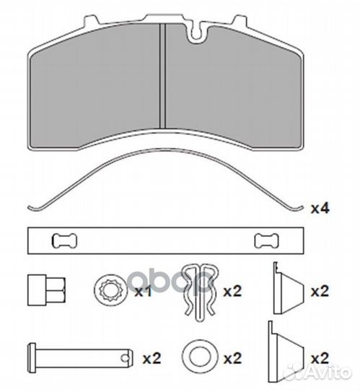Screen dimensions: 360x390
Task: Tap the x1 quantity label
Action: coord(143,291)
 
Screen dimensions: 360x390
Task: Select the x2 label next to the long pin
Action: coord(152,358)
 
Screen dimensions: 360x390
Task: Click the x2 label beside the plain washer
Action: coord(232,358)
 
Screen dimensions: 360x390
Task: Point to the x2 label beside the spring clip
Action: coord(232,291)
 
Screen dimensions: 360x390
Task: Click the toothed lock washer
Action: coord(110,290)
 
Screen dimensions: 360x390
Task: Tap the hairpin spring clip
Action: coord(201,292)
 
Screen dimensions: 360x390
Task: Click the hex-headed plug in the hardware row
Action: coord(46,290)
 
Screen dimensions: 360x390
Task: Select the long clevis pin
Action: coord(81,357)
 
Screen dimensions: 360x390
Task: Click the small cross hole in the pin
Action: coord(125,357)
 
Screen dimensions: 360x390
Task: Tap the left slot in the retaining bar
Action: coord(64,241)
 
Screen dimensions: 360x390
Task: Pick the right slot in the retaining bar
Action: coord(267,241)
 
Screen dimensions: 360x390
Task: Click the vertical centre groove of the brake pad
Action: coord(162,76)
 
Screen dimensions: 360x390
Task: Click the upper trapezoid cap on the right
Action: coord(288,287)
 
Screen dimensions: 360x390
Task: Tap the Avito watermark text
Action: coord(328,373)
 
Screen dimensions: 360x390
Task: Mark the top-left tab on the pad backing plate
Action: coord(91,21)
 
